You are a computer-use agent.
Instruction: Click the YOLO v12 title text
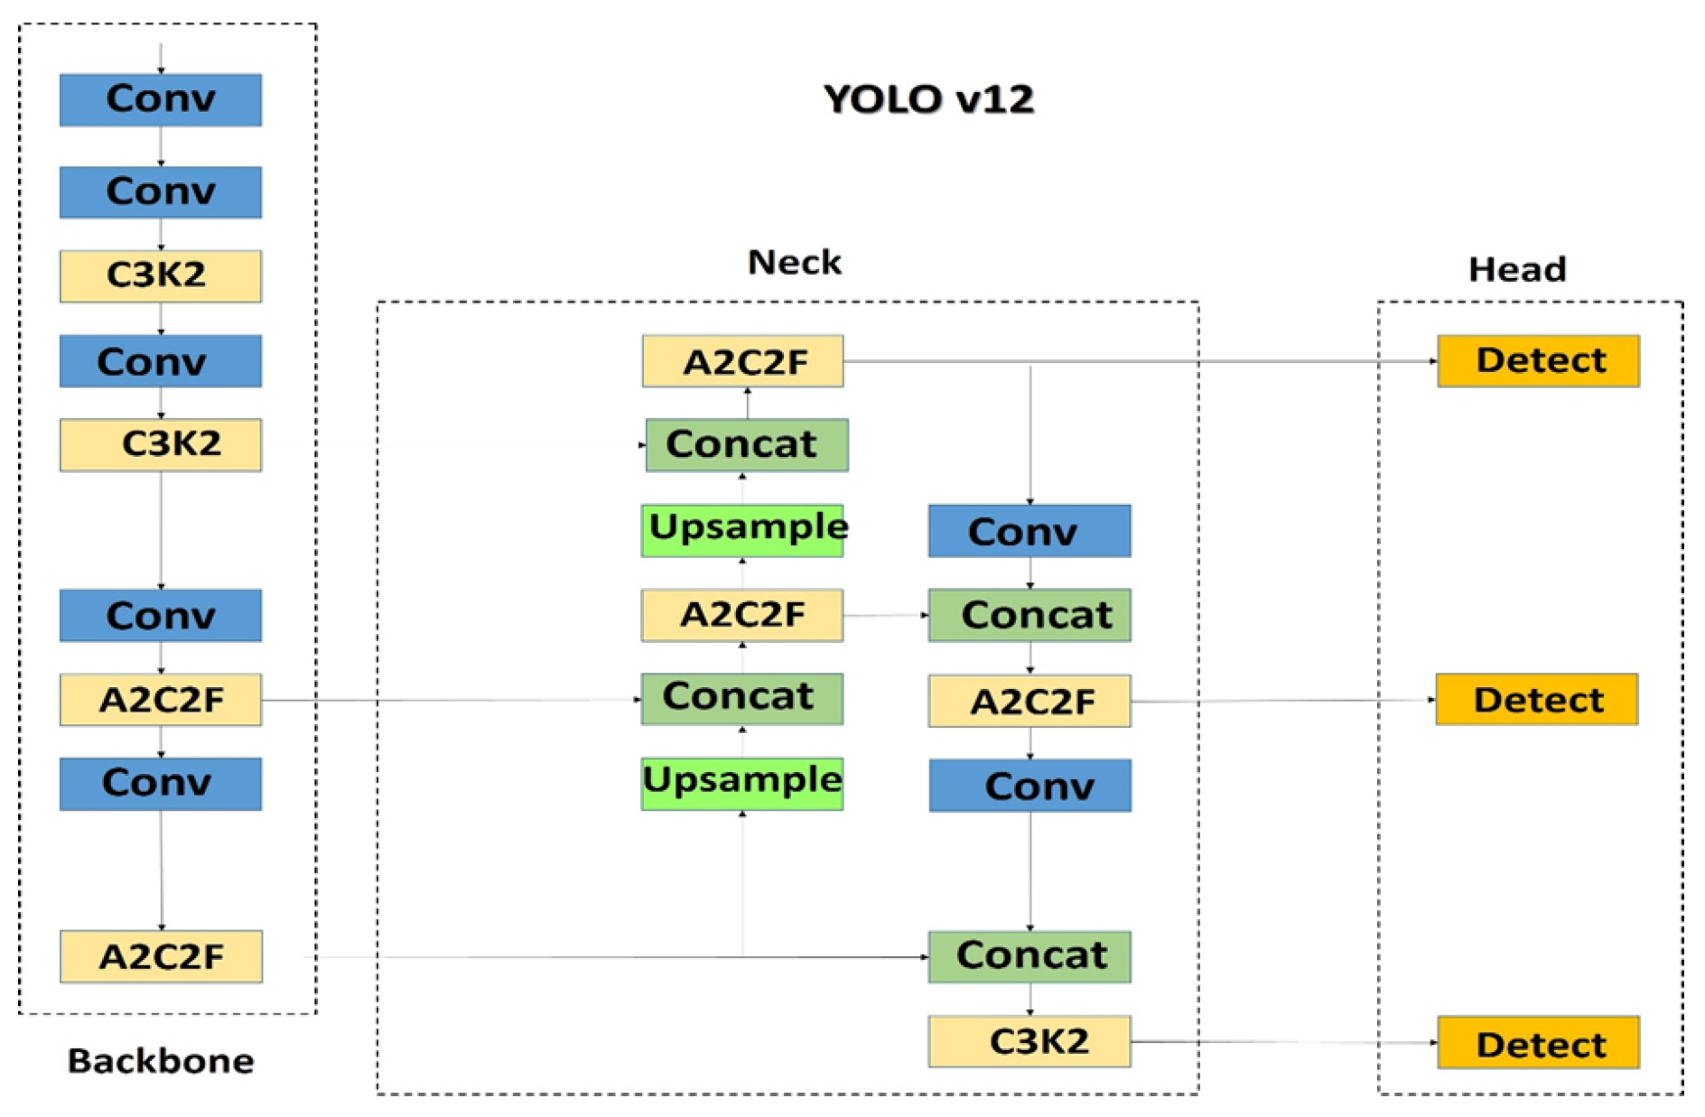(927, 98)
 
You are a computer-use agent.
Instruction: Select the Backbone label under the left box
(161, 1060)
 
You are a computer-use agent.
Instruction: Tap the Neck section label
(794, 262)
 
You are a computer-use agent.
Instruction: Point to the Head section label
(1516, 268)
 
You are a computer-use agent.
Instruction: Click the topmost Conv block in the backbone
(161, 99)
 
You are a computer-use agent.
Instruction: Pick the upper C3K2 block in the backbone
(161, 275)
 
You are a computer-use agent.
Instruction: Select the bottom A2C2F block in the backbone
(161, 955)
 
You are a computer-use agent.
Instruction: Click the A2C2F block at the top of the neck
(742, 361)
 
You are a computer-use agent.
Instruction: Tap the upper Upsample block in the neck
(742, 530)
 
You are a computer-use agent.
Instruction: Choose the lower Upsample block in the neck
(742, 783)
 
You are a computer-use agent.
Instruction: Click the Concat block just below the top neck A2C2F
(747, 444)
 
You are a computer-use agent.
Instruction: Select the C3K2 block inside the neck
(1030, 1041)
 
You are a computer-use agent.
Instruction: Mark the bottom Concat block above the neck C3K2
(1030, 956)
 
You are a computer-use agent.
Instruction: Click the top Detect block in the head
(1538, 361)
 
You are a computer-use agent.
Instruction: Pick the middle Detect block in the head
(1537, 699)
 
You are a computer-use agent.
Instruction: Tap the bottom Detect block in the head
(1538, 1042)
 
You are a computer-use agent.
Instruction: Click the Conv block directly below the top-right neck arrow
(1030, 530)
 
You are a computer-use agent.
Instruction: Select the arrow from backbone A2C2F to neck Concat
(452, 700)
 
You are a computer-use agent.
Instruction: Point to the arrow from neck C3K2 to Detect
(1282, 1042)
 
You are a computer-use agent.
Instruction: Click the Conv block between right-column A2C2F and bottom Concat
(1030, 785)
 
